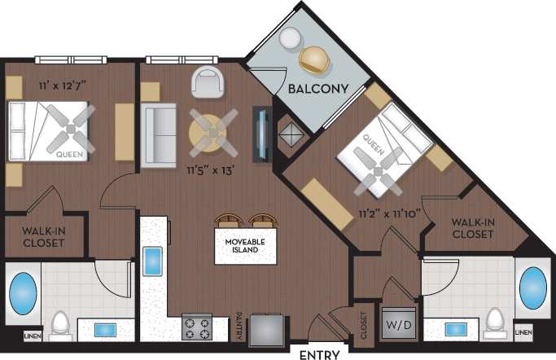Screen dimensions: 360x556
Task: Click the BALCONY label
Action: click(x=317, y=88)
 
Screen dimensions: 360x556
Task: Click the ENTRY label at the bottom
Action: click(x=319, y=354)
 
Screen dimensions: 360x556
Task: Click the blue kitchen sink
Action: click(x=153, y=263)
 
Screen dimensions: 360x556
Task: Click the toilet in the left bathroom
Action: click(x=59, y=326)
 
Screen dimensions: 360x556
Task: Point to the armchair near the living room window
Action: click(x=207, y=81)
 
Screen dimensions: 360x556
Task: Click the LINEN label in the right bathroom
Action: click(x=524, y=333)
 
